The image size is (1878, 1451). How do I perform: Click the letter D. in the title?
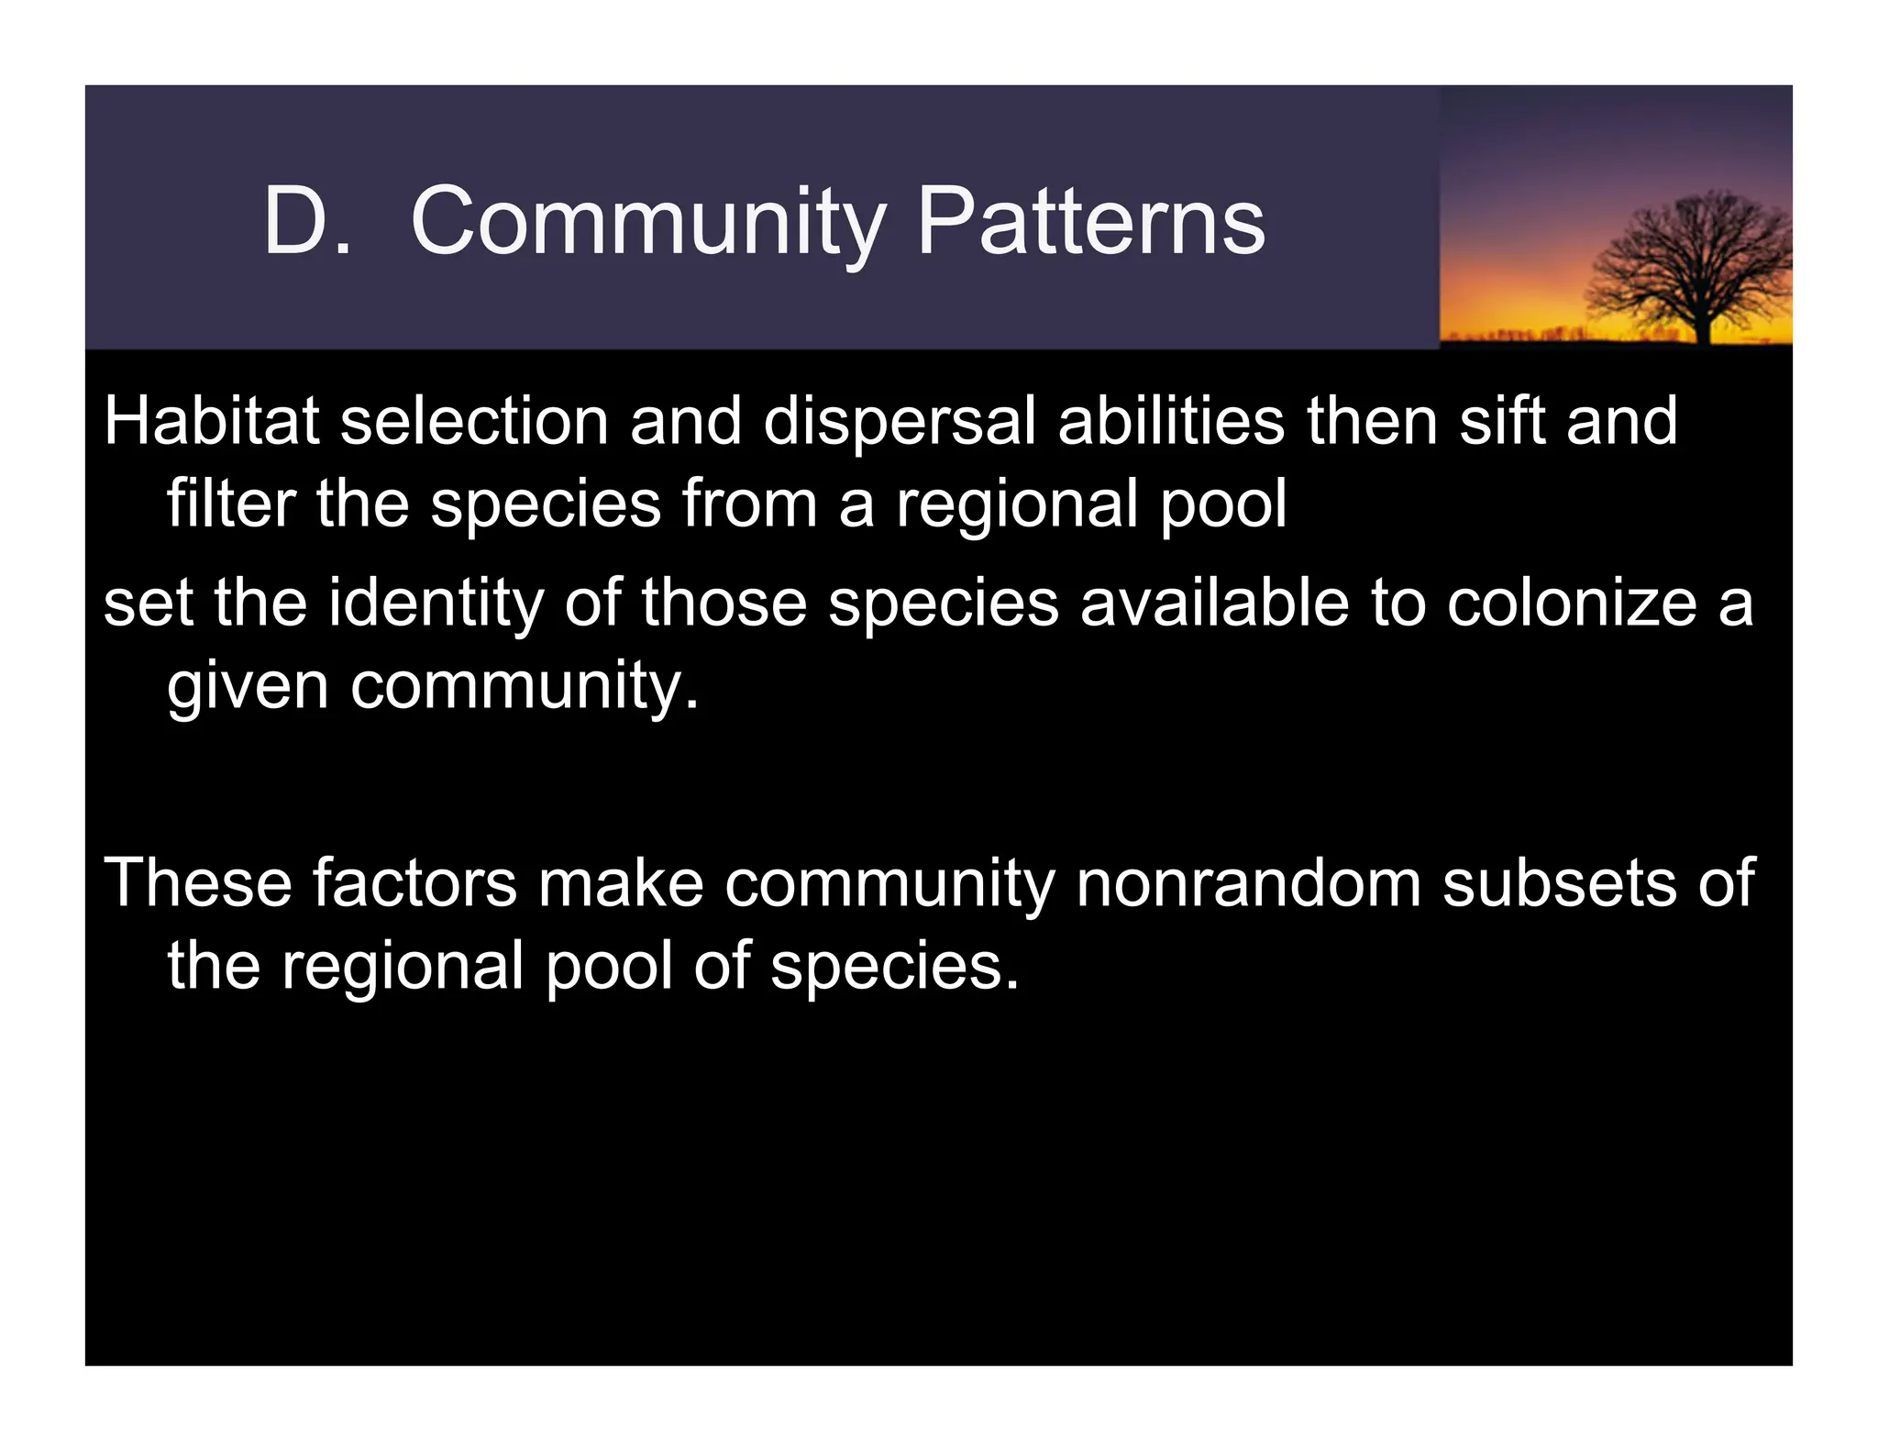tap(307, 221)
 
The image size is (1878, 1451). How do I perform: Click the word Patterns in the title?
tap(1090, 221)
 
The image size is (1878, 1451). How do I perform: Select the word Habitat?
tap(211, 421)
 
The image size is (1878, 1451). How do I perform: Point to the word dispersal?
tap(899, 423)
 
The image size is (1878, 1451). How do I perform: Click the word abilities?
tap(1171, 421)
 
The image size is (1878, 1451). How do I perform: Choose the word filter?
tap(231, 504)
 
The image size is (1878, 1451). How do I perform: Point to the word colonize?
tap(1572, 603)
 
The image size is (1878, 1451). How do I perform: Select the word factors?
tap(414, 882)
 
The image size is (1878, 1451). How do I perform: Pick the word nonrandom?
tap(1248, 882)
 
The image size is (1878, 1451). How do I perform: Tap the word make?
tap(621, 882)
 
